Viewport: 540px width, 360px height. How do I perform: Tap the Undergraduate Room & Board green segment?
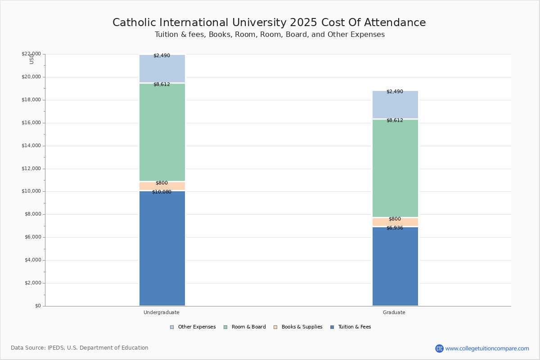[x=162, y=132]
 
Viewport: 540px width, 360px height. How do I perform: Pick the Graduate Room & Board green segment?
[x=395, y=168]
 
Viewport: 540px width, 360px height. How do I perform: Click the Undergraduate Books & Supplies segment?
[x=162, y=186]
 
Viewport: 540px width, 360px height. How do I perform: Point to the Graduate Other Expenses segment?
[x=395, y=105]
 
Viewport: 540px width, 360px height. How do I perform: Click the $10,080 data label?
[x=162, y=192]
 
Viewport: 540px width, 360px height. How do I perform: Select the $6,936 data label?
[x=395, y=228]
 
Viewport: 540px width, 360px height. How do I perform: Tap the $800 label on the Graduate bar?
[x=395, y=219]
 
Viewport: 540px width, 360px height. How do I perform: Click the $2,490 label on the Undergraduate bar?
[x=162, y=56]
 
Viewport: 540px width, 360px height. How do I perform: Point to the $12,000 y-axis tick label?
[x=31, y=169]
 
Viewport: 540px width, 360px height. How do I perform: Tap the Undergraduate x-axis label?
[x=162, y=312]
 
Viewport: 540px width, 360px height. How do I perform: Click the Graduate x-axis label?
[x=394, y=312]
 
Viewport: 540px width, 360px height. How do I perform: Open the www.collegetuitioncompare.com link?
[x=487, y=348]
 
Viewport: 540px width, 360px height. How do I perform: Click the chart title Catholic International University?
[x=269, y=23]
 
